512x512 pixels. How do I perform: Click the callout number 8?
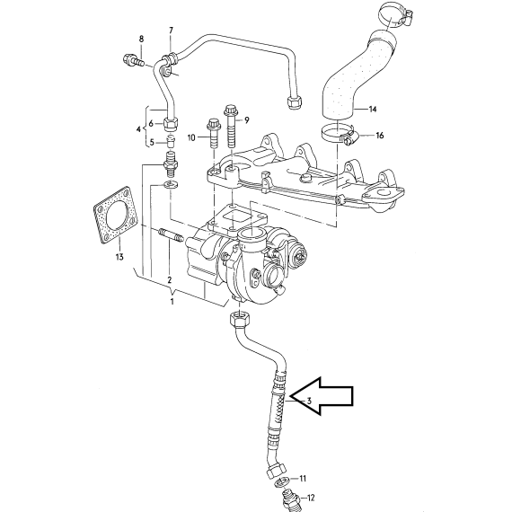coord(141,40)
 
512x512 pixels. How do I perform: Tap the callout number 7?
coord(171,31)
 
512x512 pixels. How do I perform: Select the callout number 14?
coord(373,109)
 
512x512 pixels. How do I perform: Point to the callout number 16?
coord(380,135)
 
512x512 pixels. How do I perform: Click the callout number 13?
coord(119,257)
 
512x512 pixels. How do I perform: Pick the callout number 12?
coord(311,498)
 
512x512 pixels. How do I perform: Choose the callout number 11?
coord(303,479)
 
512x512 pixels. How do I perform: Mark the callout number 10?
coord(191,137)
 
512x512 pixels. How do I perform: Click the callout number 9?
coord(246,120)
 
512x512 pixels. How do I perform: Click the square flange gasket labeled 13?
coord(116,216)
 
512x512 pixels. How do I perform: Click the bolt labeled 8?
coord(134,60)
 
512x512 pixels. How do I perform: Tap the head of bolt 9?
coord(231,110)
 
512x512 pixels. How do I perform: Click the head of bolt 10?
coord(214,125)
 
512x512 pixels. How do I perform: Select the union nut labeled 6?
coord(171,123)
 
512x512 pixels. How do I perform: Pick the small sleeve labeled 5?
coord(171,141)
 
